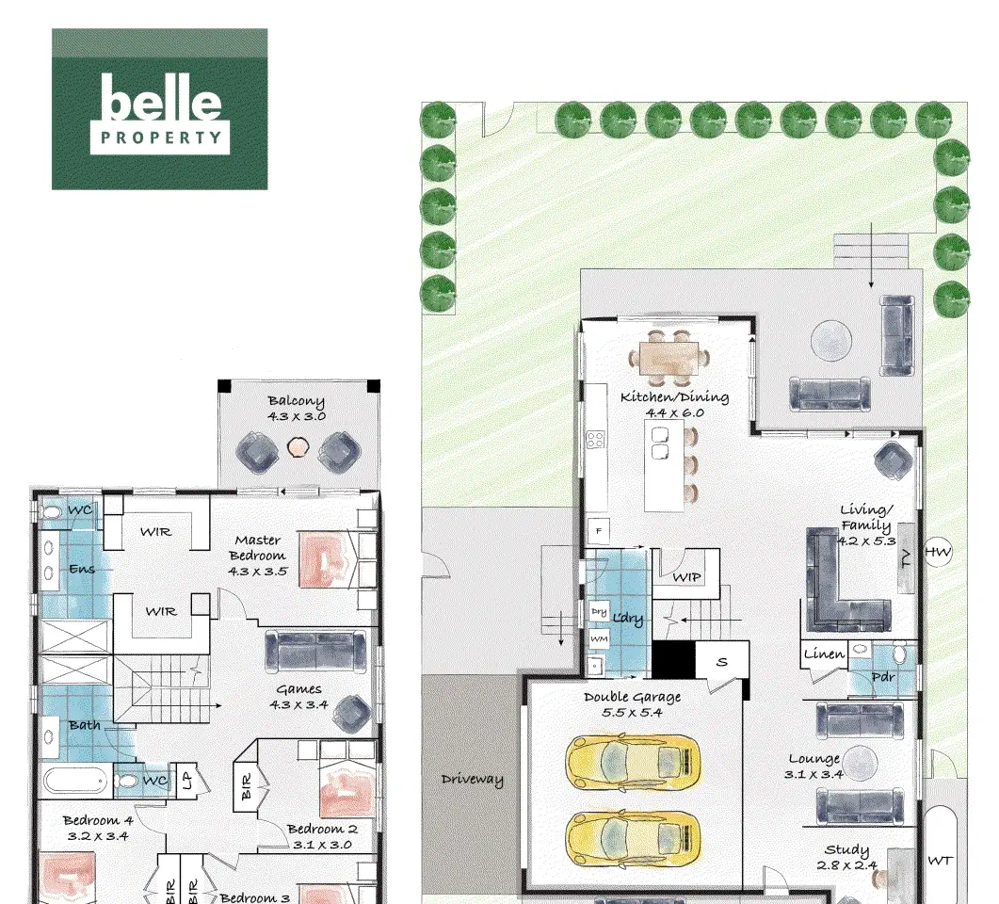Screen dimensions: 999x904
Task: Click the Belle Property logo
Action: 160,109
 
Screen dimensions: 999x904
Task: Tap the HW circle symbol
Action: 937,552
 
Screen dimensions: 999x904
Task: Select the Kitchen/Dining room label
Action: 675,405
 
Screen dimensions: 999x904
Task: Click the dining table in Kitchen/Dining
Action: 669,358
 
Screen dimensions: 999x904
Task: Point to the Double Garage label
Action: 632,704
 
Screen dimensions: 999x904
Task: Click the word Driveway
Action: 472,780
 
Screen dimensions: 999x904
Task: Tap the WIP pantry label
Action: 686,577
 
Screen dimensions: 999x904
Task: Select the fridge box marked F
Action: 598,531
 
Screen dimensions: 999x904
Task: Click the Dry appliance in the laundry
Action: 599,611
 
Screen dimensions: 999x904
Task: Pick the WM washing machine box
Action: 599,638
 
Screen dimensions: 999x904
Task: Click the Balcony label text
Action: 297,409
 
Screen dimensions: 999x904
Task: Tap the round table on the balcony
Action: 297,447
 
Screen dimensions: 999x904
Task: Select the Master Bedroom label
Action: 257,556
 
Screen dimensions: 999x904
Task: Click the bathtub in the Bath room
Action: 76,781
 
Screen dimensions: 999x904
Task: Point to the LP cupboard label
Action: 187,781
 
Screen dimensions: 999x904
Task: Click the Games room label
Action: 298,697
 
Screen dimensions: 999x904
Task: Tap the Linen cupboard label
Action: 824,654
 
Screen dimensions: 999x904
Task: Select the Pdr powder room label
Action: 883,676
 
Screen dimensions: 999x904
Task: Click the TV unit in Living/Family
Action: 907,558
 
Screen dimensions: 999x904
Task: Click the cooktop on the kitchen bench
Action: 596,439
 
